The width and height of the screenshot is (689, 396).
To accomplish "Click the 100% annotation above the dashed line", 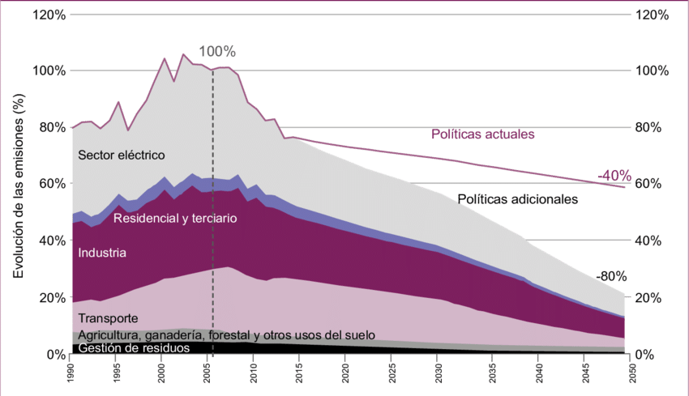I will (216, 52).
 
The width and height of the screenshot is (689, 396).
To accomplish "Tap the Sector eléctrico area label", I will (122, 155).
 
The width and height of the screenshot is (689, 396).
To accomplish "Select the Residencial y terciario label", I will (175, 218).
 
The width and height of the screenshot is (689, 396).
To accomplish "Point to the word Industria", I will (102, 253).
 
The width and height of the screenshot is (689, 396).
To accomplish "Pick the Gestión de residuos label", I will (134, 347).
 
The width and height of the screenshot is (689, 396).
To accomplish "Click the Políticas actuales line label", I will (483, 134).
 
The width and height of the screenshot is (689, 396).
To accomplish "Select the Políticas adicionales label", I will (518, 198).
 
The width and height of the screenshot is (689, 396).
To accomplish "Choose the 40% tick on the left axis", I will (52, 241).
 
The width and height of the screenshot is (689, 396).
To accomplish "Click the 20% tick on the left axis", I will (52, 298).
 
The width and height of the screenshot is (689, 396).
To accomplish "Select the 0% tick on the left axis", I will (55, 355).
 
